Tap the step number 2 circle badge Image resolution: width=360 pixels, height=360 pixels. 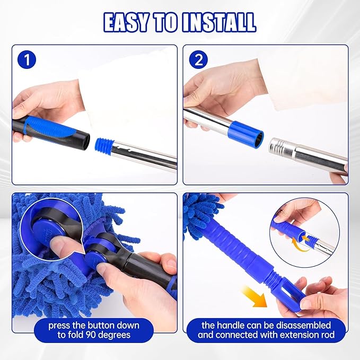199,59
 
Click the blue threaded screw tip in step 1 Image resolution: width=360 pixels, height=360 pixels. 102,144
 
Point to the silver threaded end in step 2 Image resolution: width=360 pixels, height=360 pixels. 279,146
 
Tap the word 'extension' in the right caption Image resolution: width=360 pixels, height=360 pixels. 289,336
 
